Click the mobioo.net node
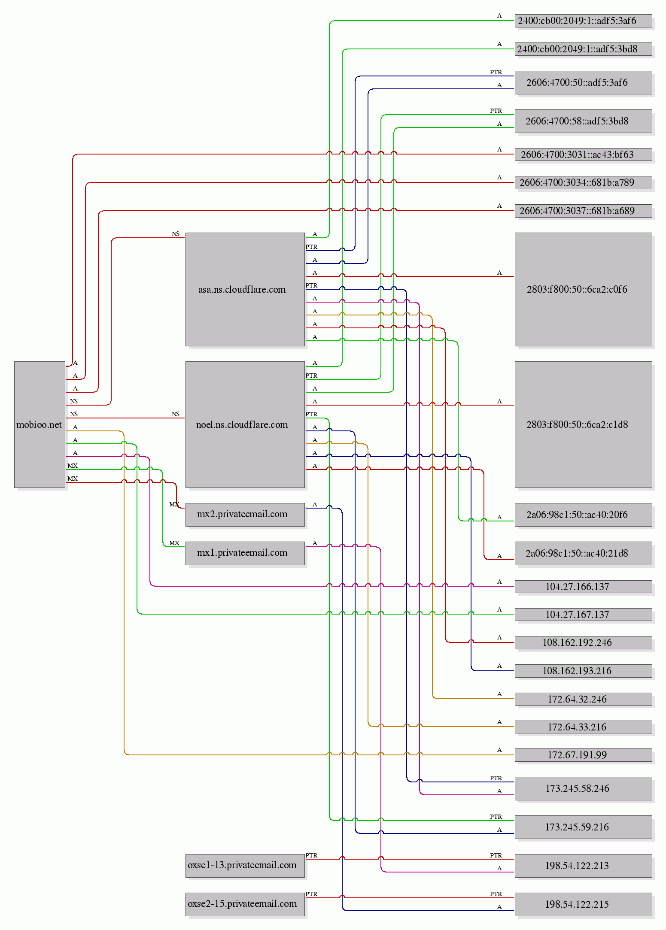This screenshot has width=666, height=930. pyautogui.click(x=40, y=424)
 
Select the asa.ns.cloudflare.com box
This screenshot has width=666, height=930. pyautogui.click(x=245, y=289)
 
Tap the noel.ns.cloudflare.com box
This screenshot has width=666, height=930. pyautogui.click(x=245, y=424)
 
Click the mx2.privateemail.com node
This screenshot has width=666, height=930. pyautogui.click(x=245, y=514)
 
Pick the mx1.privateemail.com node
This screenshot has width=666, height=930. pyautogui.click(x=245, y=553)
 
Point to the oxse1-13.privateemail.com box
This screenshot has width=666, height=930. pyautogui.click(x=245, y=865)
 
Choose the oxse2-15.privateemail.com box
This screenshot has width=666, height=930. pyautogui.click(x=245, y=904)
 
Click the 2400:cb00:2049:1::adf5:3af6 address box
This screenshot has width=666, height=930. pyautogui.click(x=583, y=21)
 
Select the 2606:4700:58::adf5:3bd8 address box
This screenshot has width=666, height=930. pyautogui.click(x=583, y=121)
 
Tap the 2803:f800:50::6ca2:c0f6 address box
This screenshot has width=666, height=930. pyautogui.click(x=583, y=289)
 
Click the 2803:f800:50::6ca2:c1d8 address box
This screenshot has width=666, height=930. pyautogui.click(x=583, y=424)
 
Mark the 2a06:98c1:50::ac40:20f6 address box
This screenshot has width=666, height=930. pyautogui.click(x=583, y=514)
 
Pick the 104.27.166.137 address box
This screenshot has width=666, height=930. pyautogui.click(x=583, y=586)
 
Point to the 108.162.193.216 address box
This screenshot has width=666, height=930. pyautogui.click(x=583, y=670)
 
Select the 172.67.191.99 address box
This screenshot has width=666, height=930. pyautogui.click(x=583, y=754)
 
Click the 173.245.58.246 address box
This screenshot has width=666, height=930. pyautogui.click(x=583, y=788)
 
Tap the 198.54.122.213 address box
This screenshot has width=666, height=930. pyautogui.click(x=583, y=865)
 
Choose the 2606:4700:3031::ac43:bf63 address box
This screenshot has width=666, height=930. pyautogui.click(x=583, y=154)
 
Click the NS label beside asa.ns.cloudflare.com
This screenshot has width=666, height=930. pyautogui.click(x=176, y=234)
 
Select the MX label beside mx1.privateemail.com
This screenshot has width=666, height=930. pyautogui.click(x=174, y=543)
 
